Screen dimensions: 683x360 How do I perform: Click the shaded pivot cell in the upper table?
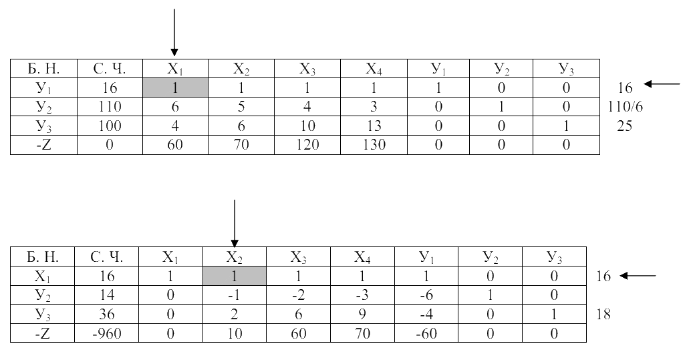click(x=175, y=87)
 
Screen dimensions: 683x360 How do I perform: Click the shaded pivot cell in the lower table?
click(x=235, y=276)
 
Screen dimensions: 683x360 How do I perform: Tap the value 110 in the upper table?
click(x=110, y=107)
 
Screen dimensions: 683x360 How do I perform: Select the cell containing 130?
click(x=374, y=144)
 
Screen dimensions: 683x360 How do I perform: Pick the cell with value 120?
click(x=307, y=144)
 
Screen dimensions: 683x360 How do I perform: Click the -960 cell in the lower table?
click(x=107, y=333)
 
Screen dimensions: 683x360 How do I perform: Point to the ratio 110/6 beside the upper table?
click(x=625, y=107)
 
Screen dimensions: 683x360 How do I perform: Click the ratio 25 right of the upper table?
click(x=624, y=126)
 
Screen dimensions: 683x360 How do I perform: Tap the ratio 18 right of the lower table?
click(x=603, y=314)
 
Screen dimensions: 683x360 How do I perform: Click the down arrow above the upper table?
click(x=174, y=33)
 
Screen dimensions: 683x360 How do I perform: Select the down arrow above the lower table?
click(x=235, y=224)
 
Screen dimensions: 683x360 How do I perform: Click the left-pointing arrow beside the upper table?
click(x=662, y=84)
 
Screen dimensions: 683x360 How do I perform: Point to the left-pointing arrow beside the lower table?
click(x=638, y=276)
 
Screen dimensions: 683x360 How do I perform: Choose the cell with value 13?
click(x=374, y=126)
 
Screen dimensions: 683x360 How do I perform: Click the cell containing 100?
click(x=110, y=126)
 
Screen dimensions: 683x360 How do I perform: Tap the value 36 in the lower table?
click(x=107, y=314)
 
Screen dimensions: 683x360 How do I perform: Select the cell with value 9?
click(x=362, y=314)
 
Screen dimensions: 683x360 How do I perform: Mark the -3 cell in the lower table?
click(x=362, y=295)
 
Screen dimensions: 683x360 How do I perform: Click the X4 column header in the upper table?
click(x=374, y=69)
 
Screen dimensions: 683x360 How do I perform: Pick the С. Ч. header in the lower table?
click(x=107, y=257)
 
